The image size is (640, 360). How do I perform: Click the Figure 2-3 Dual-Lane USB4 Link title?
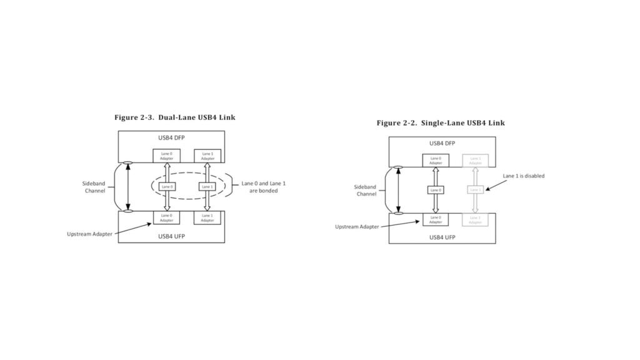pos(174,117)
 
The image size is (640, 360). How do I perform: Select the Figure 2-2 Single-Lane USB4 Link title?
pos(440,122)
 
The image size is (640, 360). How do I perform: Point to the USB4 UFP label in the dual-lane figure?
pos(171,236)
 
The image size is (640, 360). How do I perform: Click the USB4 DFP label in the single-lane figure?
pos(442,143)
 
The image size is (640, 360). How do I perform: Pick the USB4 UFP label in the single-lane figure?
pos(442,237)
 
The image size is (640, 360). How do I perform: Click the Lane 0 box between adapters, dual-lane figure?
pos(167,186)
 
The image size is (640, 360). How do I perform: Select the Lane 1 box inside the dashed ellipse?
pos(207,186)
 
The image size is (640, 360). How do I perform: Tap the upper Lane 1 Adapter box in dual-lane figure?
pos(207,156)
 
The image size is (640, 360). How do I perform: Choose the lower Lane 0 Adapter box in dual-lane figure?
pos(167,217)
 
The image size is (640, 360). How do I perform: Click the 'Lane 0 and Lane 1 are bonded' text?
pos(264,187)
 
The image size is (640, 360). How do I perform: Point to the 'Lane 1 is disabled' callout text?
pos(523,176)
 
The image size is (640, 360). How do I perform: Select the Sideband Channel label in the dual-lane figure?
pos(95,187)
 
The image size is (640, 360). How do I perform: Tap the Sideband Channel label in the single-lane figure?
pos(366,190)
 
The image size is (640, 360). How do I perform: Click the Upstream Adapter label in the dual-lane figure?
pos(90,234)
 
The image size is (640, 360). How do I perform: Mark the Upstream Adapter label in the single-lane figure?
pos(357,227)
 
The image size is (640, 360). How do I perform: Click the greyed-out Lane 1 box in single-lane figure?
pos(476,189)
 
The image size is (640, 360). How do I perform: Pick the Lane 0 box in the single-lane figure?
pos(436,189)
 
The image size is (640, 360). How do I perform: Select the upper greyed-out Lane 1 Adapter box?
pos(476,161)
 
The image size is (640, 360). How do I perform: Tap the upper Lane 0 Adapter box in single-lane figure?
pos(436,161)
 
